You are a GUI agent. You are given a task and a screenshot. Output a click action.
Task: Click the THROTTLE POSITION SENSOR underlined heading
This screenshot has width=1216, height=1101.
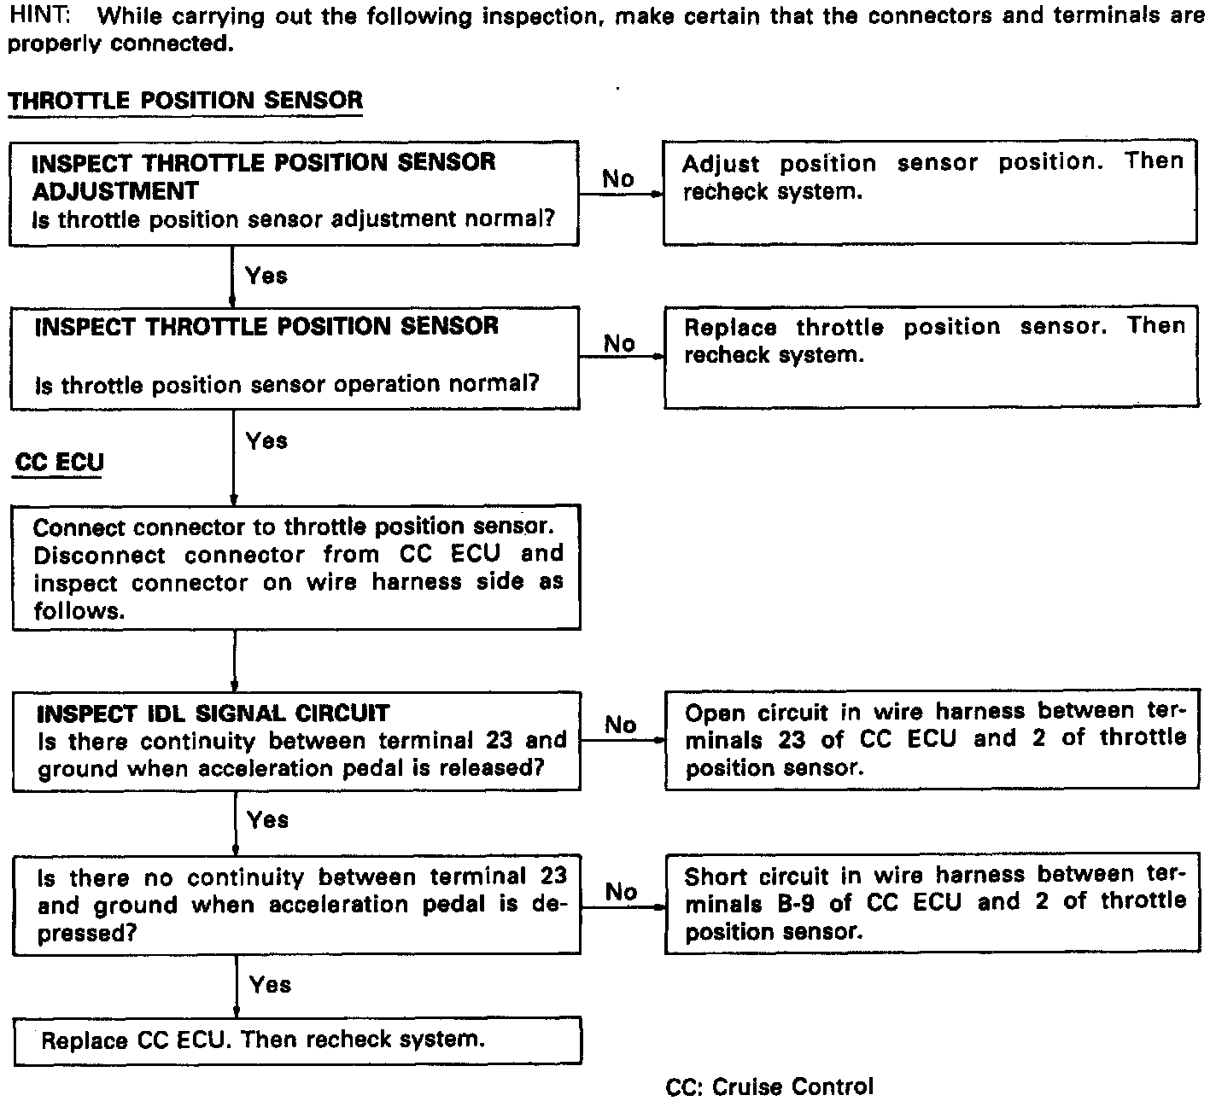tap(185, 101)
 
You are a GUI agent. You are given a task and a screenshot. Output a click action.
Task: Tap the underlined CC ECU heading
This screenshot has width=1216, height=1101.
tap(59, 463)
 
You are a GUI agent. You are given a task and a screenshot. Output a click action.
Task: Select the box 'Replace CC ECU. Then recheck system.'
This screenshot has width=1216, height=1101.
tap(297, 1040)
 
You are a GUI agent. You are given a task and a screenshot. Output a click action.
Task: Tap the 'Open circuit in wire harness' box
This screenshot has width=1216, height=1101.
tap(932, 740)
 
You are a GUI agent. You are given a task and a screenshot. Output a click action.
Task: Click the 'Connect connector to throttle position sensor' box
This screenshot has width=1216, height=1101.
tap(296, 568)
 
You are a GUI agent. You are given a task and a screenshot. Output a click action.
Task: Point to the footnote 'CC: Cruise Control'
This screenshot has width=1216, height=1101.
tap(769, 1086)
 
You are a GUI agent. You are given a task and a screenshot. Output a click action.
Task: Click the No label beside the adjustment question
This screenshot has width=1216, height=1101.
tap(617, 178)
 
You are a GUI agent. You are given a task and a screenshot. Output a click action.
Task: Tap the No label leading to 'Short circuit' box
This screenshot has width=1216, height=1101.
tap(621, 891)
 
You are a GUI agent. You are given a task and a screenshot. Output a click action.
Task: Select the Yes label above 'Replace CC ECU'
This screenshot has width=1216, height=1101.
tap(270, 984)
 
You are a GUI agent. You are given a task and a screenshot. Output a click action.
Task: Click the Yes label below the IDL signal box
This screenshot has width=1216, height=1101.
tap(267, 819)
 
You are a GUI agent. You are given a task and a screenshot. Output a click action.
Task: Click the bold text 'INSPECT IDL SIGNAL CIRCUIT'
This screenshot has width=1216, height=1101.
tap(213, 713)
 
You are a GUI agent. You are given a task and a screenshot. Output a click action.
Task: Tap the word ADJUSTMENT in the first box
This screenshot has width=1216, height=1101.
tap(114, 190)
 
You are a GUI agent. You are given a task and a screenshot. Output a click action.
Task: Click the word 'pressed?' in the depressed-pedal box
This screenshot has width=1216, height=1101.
tap(87, 933)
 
